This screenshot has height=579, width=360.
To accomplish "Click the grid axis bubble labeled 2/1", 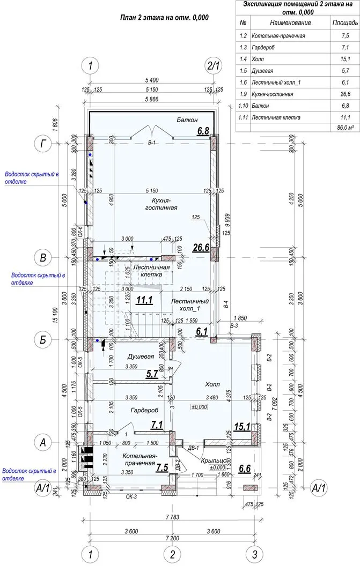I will point(214,66).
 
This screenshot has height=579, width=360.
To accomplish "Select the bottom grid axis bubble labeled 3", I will point(254,553).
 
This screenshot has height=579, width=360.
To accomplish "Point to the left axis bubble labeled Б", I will point(42,339).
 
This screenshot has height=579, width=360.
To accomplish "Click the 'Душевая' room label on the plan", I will point(141,357).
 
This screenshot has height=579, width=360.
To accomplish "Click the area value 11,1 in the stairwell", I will point(144,301).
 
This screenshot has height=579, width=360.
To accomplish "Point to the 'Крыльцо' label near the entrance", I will point(212,461).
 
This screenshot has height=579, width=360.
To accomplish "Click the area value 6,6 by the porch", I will point(245,469).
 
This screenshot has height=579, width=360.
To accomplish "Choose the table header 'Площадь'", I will point(345,23).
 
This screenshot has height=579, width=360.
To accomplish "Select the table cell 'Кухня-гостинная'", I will point(272,94).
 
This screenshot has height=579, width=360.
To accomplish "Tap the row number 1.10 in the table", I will point(244,106).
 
